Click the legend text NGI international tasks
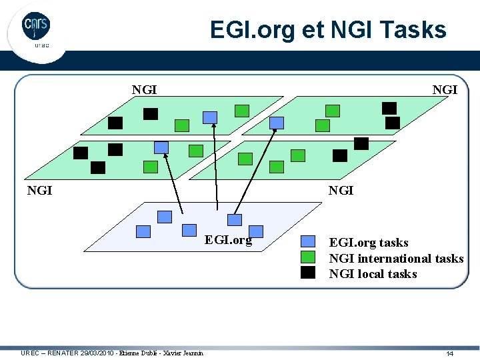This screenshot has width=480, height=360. click(x=396, y=258)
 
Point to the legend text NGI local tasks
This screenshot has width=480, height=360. click(x=373, y=274)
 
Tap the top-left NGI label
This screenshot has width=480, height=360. click(x=144, y=90)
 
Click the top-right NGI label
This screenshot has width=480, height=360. click(x=445, y=90)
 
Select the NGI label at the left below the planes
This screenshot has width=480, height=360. click(x=39, y=191)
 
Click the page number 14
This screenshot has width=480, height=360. click(x=450, y=353)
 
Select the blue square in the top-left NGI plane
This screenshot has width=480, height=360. click(x=210, y=117)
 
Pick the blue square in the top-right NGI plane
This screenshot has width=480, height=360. click(x=277, y=123)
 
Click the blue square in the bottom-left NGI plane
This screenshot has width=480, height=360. click(x=161, y=147)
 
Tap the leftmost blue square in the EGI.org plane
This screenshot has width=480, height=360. click(x=143, y=231)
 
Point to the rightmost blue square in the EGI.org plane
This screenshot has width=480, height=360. click(x=235, y=219)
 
